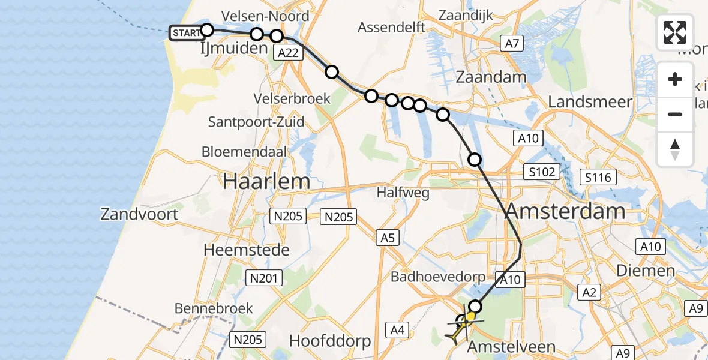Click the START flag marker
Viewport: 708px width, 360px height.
[x=186, y=33]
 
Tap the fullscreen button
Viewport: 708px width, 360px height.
[x=675, y=32]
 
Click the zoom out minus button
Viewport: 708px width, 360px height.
[x=675, y=114]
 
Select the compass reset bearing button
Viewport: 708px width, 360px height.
[x=675, y=149]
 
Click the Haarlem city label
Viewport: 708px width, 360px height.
[x=266, y=181]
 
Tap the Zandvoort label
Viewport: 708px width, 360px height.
[x=139, y=214]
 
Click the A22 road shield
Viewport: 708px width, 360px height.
[x=287, y=53]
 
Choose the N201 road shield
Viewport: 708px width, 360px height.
[x=262, y=277]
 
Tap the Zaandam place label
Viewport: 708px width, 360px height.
[x=491, y=77]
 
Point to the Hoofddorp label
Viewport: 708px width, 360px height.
[x=330, y=341]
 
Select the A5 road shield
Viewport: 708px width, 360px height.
[x=387, y=238]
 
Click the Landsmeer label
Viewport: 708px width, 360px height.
[x=590, y=102]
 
